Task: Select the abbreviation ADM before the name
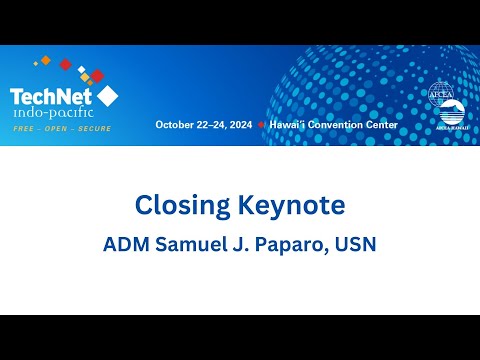click(125, 245)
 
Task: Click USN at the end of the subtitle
click(354, 245)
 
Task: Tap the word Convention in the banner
click(337, 125)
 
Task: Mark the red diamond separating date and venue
click(261, 125)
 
